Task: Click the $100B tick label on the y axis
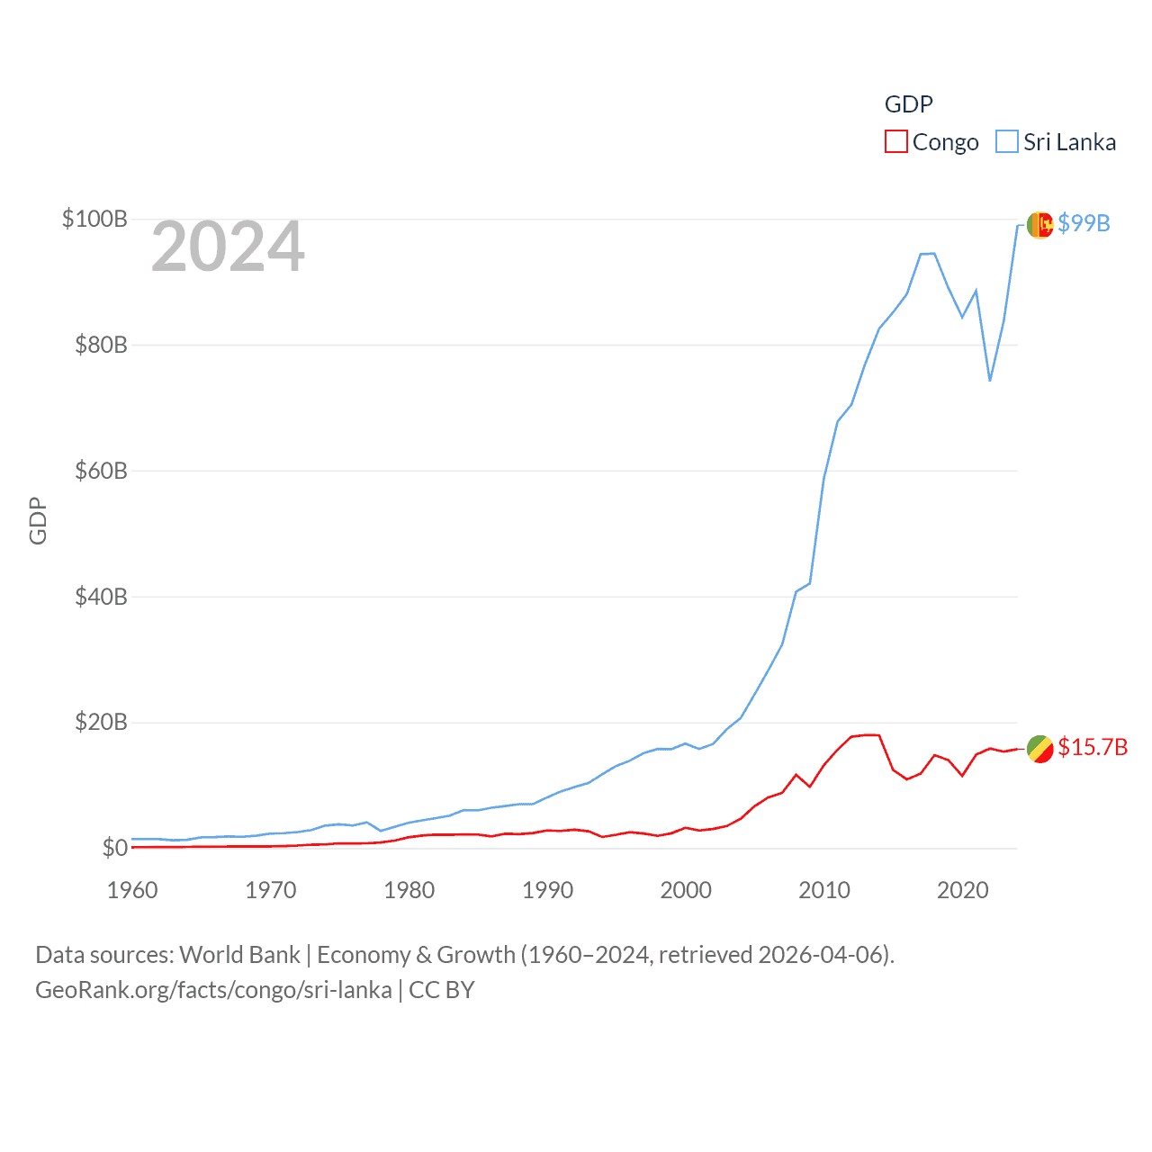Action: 94,219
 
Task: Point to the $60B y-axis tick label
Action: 101,471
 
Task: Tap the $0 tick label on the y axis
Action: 114,848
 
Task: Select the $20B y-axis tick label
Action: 101,722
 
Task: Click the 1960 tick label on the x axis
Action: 132,890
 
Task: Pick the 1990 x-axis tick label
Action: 547,890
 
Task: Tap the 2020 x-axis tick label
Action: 962,890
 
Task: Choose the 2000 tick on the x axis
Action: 686,890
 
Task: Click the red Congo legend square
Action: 896,142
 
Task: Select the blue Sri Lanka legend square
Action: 1007,142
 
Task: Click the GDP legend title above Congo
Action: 908,104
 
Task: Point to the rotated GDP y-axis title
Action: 38,520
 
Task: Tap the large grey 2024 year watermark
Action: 228,247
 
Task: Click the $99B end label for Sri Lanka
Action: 1084,223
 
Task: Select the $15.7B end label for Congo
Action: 1093,747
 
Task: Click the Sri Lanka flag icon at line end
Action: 1039,225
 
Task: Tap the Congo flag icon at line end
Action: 1039,748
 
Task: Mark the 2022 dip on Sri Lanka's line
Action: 990,380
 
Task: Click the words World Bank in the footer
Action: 239,955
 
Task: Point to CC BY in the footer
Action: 441,990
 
